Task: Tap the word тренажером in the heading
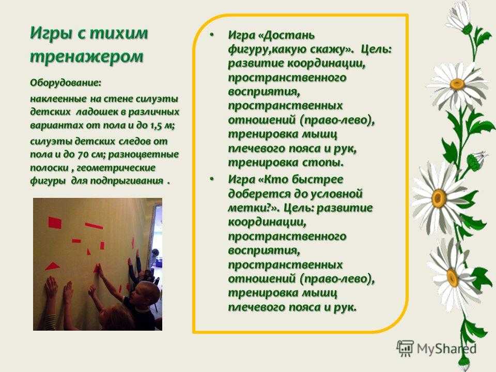(87, 57)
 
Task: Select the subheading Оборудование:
(66, 83)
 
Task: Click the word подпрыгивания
(127, 181)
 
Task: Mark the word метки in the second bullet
(247, 208)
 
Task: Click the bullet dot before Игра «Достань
(212, 35)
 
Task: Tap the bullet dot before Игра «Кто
(212, 179)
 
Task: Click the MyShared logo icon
(405, 348)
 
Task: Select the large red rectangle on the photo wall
(55, 223)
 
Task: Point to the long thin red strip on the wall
(94, 226)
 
